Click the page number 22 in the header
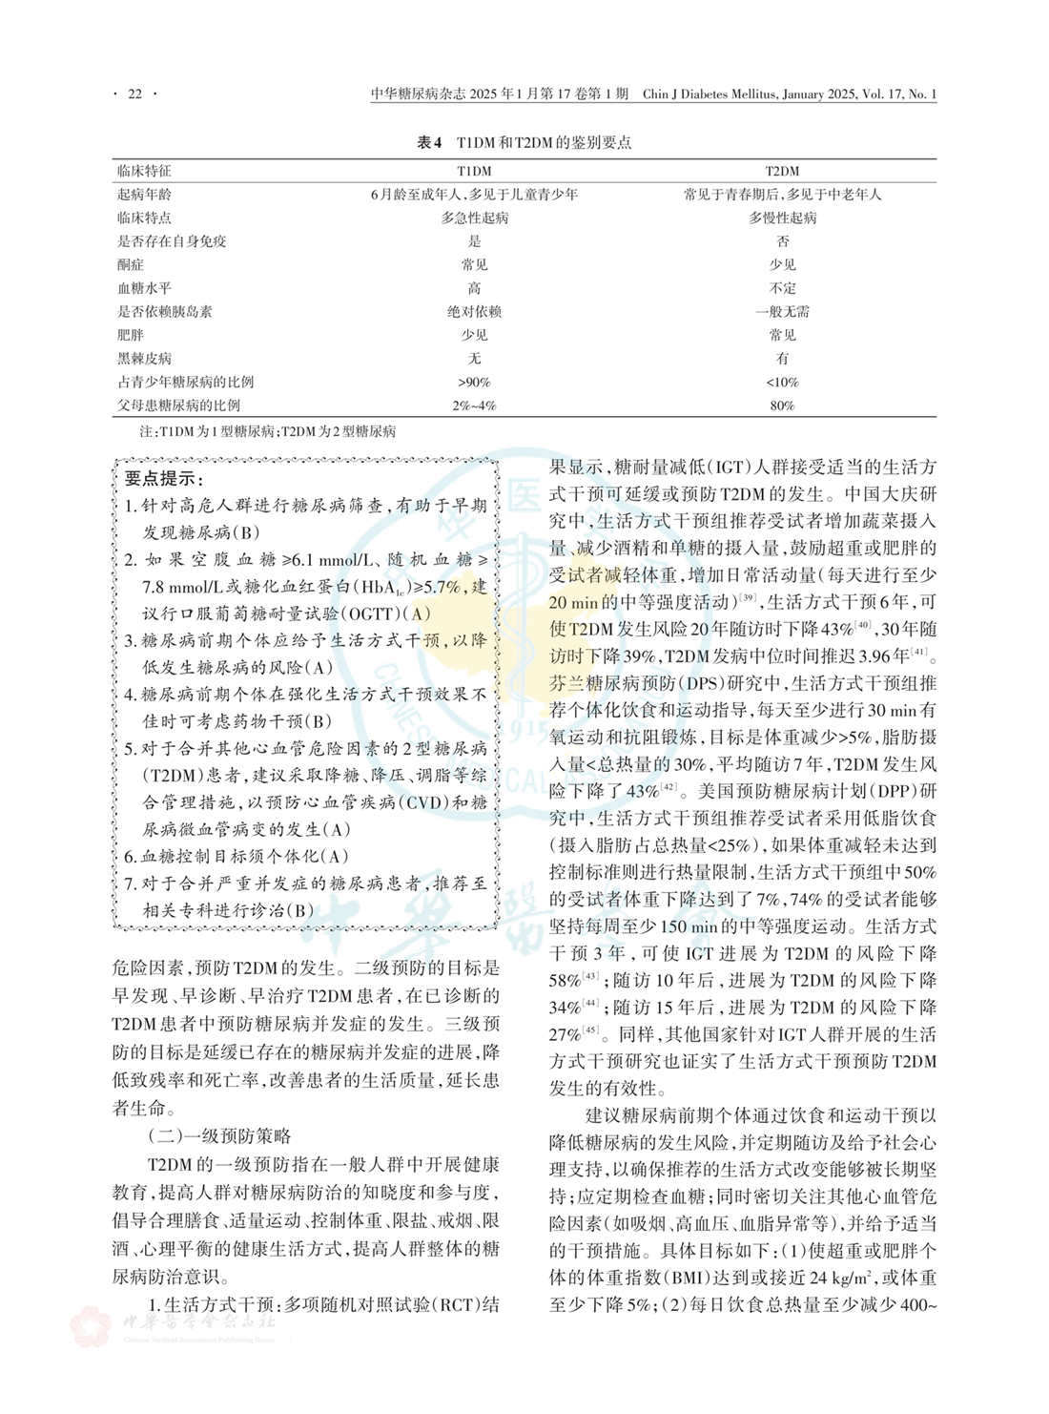(x=134, y=94)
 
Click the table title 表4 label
(x=430, y=143)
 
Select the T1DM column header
(x=474, y=171)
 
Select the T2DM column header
(x=782, y=171)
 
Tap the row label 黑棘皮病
(x=144, y=359)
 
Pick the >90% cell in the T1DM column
(x=474, y=383)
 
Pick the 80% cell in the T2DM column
(x=782, y=405)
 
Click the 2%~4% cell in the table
(x=474, y=405)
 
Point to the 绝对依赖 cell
(x=474, y=312)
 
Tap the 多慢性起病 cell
(x=782, y=218)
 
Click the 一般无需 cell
(x=782, y=312)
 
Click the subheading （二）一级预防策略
(x=219, y=1136)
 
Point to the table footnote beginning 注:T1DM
(x=268, y=431)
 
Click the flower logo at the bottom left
(x=92, y=1328)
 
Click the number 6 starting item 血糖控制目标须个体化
(x=131, y=857)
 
